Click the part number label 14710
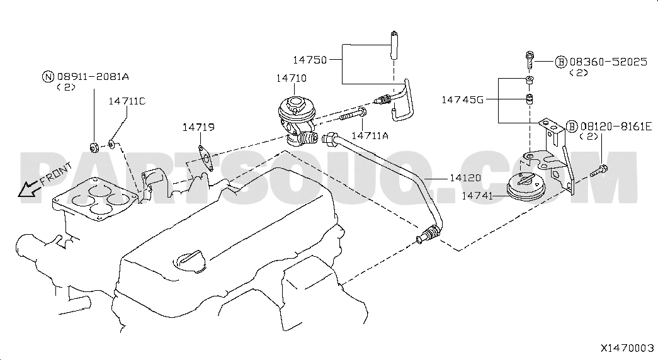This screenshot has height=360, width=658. pos(292,78)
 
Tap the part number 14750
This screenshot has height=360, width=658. pos(310,60)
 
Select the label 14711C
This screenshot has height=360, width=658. pos(127,101)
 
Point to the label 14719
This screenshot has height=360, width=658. pos(198,127)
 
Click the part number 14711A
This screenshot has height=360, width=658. pos(370,135)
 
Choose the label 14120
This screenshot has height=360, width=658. pos(465,178)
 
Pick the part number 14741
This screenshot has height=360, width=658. pos(477,196)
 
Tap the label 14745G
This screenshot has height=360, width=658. pos(462,100)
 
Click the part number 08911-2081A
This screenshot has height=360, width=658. pos(93,76)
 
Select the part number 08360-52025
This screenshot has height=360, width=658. pos(608,62)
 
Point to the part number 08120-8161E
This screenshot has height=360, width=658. pos(616,126)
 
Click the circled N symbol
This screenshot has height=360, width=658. pos(48,77)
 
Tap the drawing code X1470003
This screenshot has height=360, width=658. pos(627,348)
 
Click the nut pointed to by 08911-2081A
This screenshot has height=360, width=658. pos(94,147)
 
